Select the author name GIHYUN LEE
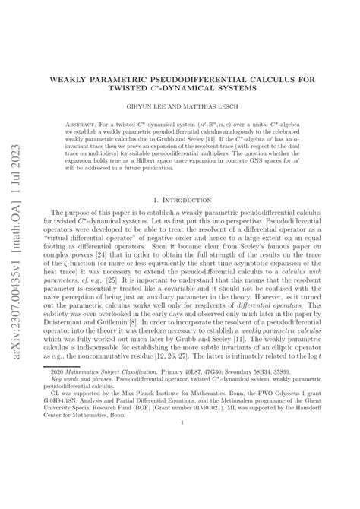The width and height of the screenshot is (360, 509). (154, 108)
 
